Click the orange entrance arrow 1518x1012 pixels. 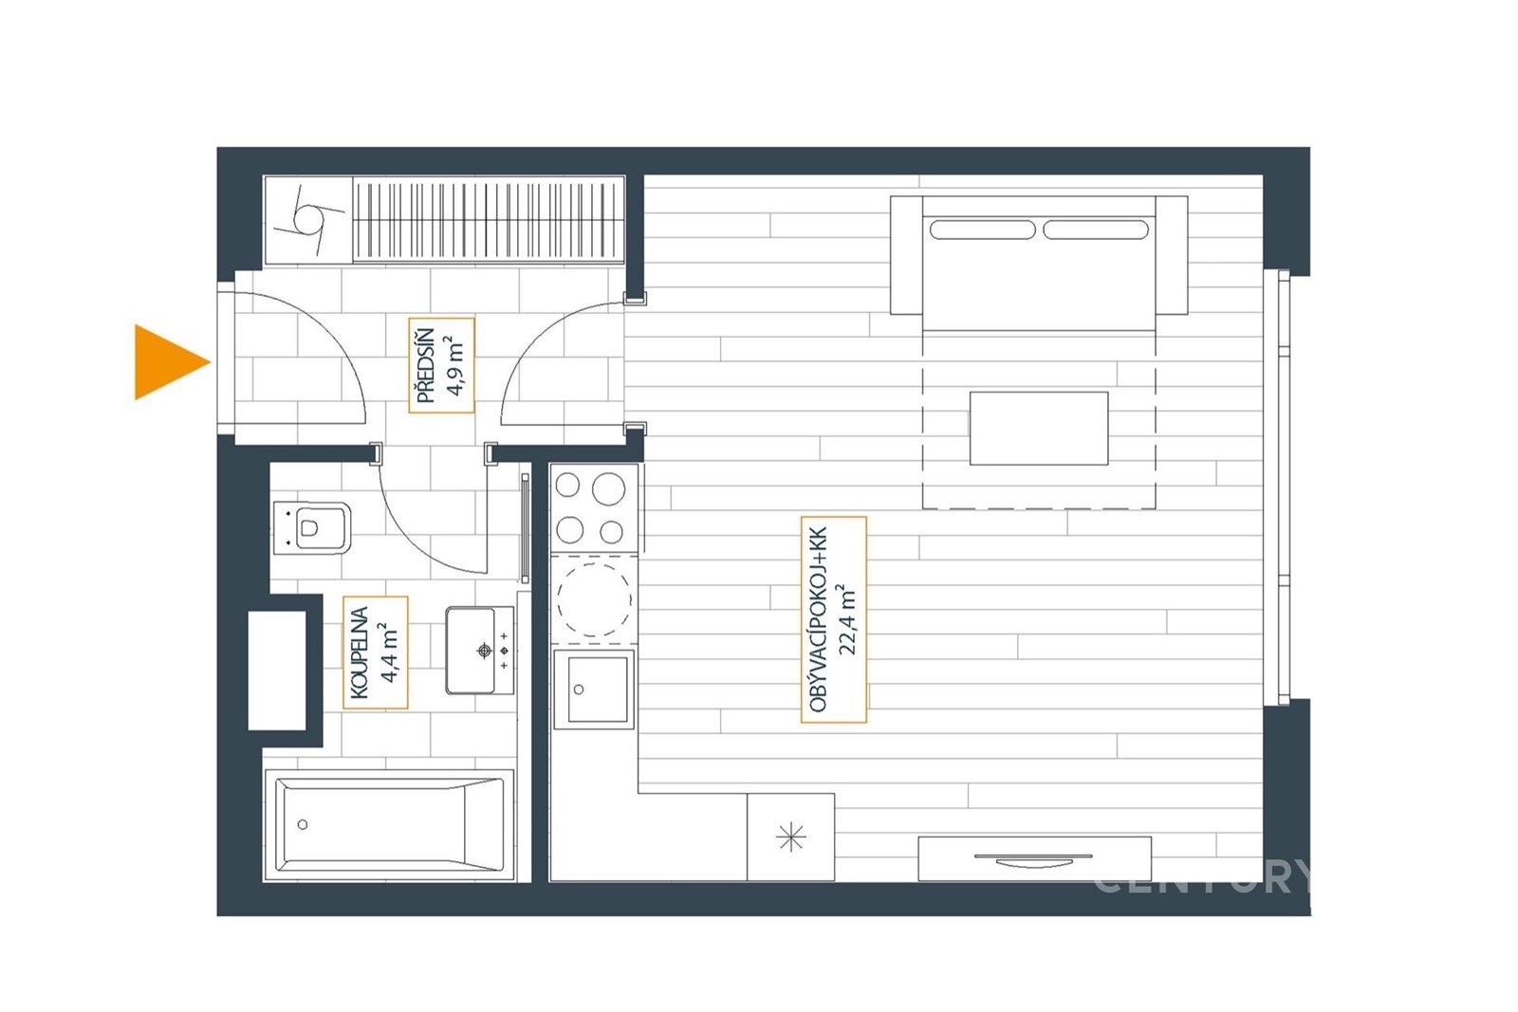click(170, 362)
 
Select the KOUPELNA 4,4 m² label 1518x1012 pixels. click(376, 653)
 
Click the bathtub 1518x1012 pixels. click(390, 824)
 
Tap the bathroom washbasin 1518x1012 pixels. click(479, 651)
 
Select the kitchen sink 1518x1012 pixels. click(594, 689)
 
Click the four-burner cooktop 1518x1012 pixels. click(594, 507)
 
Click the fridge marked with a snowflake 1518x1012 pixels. click(791, 837)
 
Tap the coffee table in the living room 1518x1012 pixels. click(1039, 428)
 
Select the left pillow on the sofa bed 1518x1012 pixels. click(983, 230)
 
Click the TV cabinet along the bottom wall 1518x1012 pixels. click(1035, 859)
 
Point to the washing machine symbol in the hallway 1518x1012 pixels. click(308, 219)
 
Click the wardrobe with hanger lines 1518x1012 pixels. click(489, 219)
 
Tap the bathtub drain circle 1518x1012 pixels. click(303, 824)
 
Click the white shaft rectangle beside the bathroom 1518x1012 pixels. click(277, 671)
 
